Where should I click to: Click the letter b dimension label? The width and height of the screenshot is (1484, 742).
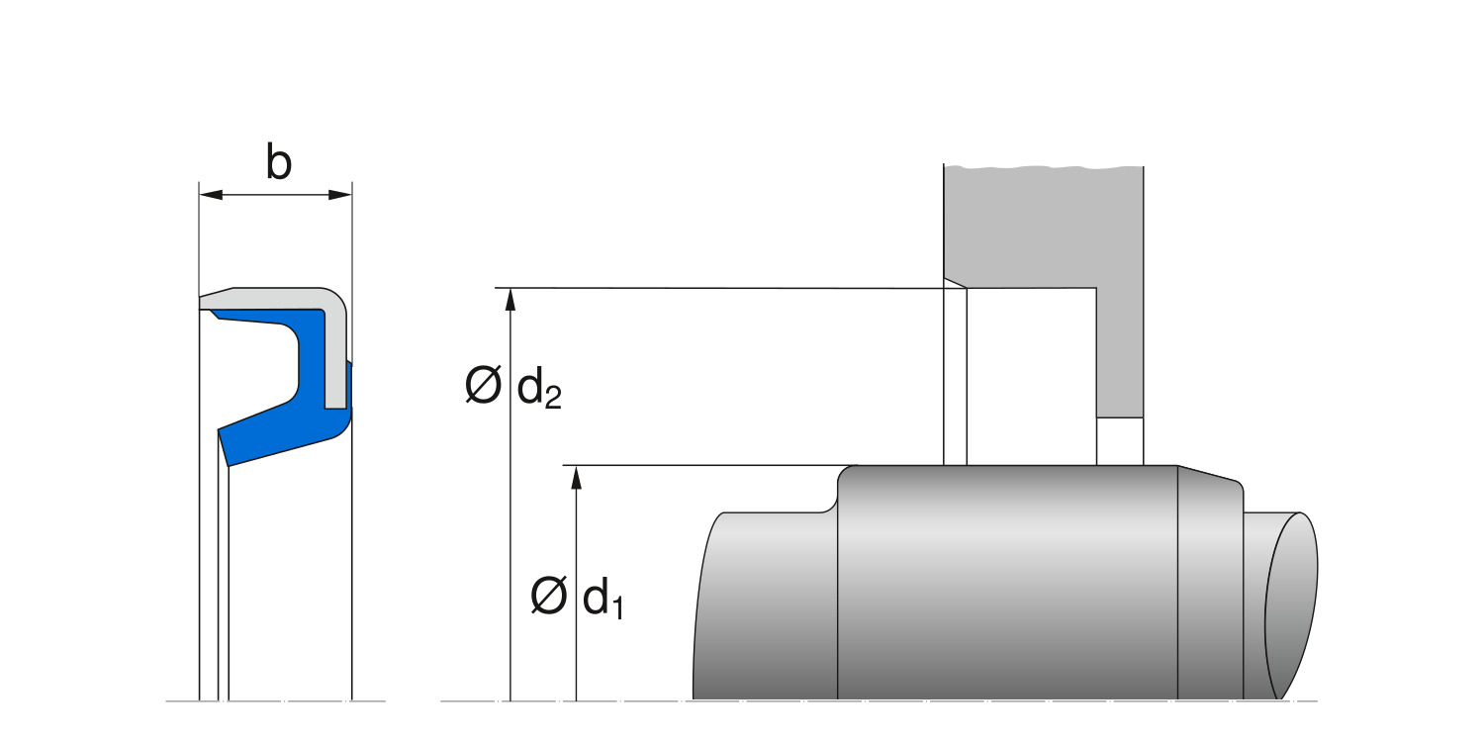[278, 161]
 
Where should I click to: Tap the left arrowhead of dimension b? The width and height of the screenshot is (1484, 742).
[210, 195]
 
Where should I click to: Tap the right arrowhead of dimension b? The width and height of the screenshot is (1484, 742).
[340, 195]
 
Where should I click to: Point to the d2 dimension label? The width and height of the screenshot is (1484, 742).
[539, 388]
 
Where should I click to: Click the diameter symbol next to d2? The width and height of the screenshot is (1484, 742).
[483, 384]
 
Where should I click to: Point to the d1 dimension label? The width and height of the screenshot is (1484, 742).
[603, 599]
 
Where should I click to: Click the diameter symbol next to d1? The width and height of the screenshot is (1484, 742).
[548, 595]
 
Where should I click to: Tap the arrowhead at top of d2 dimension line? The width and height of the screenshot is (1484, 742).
[510, 300]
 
